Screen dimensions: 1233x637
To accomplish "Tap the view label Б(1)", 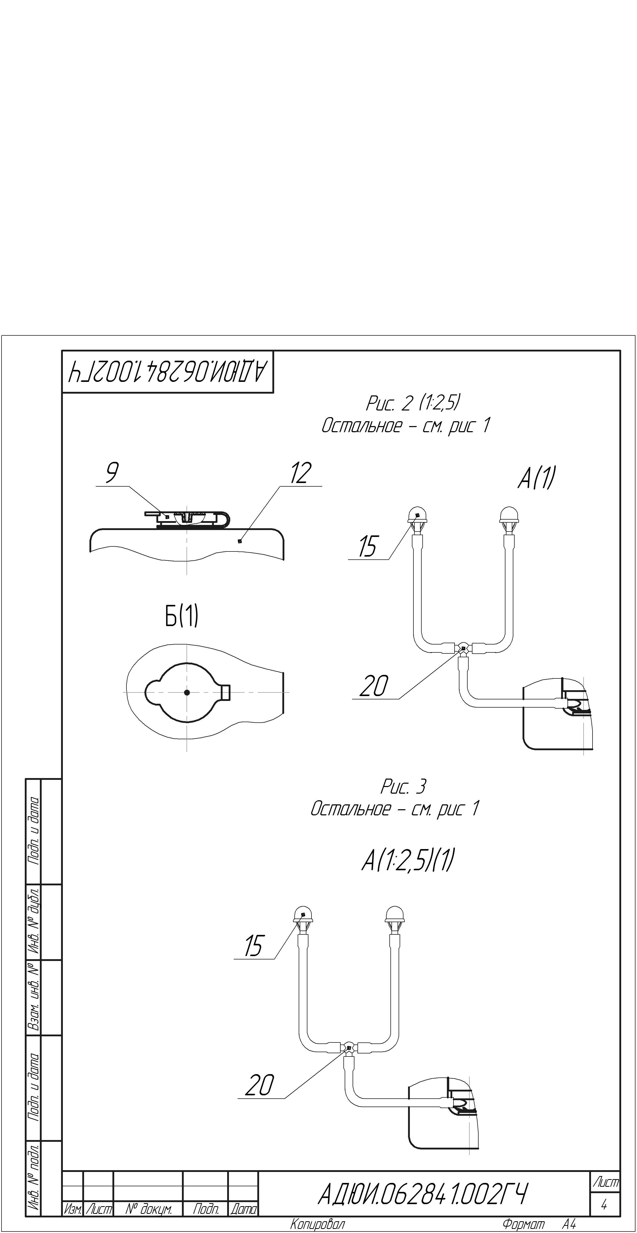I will pyautogui.click(x=181, y=616).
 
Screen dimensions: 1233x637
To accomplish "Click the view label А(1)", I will pyautogui.click(x=536, y=478).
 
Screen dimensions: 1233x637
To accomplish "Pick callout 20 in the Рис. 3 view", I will pyautogui.click(x=260, y=1085).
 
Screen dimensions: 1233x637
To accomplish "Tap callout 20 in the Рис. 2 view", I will pyautogui.click(x=374, y=686).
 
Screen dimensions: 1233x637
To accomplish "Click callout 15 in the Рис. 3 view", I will pyautogui.click(x=253, y=946).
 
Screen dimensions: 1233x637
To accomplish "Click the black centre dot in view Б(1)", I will pyautogui.click(x=187, y=692).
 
